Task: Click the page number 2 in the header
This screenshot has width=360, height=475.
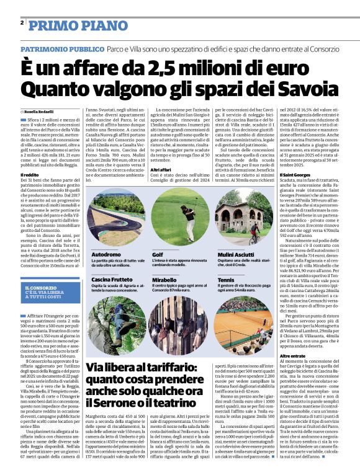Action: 22,24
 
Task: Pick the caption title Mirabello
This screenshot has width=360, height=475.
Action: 166,280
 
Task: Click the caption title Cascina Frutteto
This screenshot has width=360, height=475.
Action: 112,280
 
